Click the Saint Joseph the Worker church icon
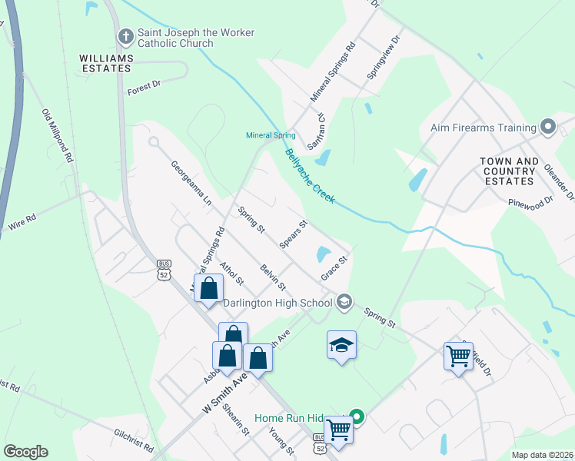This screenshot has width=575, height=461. (125, 35)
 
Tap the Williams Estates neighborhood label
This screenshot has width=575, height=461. (106, 63)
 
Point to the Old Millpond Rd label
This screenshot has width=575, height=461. (57, 135)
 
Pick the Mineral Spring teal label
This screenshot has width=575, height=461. (271, 135)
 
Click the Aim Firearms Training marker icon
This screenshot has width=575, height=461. (547, 127)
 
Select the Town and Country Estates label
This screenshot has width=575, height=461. (509, 171)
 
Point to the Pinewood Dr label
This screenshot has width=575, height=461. (530, 202)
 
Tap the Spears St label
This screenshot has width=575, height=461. (294, 235)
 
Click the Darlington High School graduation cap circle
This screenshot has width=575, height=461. (344, 302)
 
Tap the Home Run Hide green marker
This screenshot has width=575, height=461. (357, 419)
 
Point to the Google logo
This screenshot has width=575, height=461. (25, 452)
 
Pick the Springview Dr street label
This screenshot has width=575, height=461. (384, 58)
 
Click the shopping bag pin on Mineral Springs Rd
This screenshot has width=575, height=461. (208, 289)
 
